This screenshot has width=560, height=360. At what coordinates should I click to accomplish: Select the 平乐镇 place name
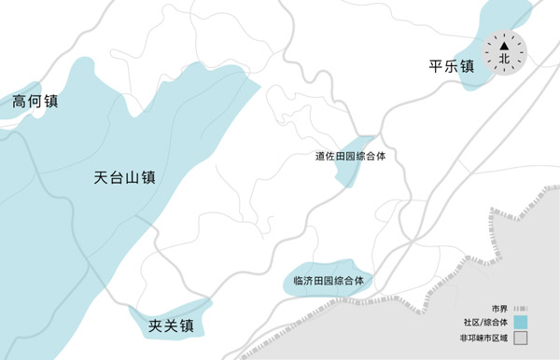452,66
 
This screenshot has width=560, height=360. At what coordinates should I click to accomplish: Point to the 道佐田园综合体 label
350,157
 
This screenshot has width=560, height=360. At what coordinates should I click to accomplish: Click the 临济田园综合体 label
327,280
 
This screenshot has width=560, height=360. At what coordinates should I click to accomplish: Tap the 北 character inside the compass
505,58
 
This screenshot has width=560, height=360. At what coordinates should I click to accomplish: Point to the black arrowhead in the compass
505,43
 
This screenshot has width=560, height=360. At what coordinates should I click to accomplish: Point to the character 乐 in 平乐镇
452,66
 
